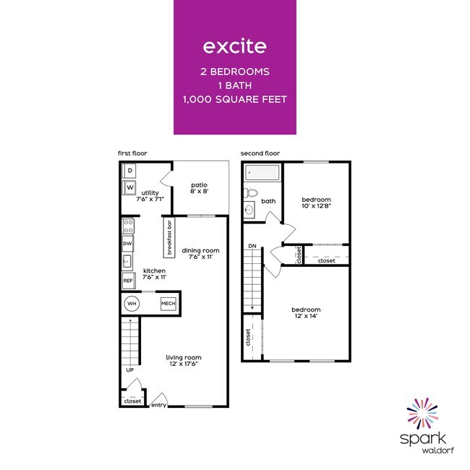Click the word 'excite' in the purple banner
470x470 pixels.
(234, 47)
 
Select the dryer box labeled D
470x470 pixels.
(129, 171)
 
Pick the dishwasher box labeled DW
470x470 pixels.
(128, 244)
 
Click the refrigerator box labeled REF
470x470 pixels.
(128, 281)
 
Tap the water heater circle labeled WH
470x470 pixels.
(132, 304)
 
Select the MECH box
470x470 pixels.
(168, 304)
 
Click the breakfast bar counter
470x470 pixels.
(168, 238)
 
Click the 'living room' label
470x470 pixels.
(184, 357)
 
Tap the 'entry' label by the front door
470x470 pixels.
(158, 405)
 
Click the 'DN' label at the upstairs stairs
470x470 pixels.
(252, 247)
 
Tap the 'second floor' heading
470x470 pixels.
(260, 153)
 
